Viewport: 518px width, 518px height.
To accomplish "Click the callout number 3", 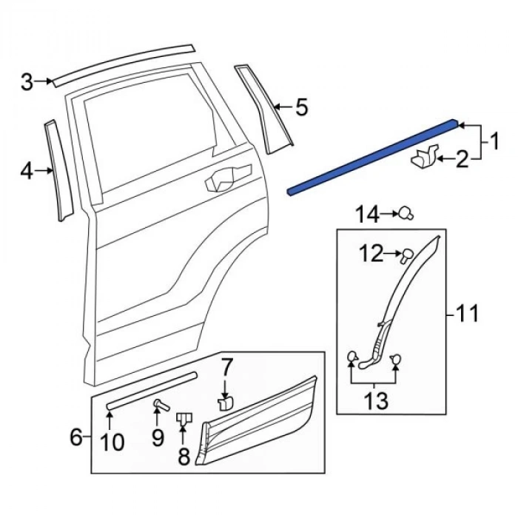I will tap(27, 81).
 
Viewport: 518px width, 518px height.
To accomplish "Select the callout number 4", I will tap(27, 172).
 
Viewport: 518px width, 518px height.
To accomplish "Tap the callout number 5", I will tap(300, 108).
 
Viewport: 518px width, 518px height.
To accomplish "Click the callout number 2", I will tap(462, 158).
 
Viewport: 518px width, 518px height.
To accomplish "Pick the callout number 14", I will tap(365, 215).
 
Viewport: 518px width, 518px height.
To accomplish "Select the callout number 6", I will tap(75, 438).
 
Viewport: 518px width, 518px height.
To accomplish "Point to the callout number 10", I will tap(112, 442).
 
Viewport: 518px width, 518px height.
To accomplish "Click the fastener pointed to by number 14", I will tap(406, 214).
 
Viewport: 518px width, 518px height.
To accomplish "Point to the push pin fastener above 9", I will tap(159, 404).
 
